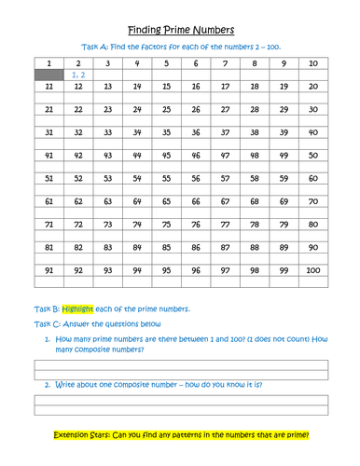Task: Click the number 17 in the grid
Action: (x=224, y=86)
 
